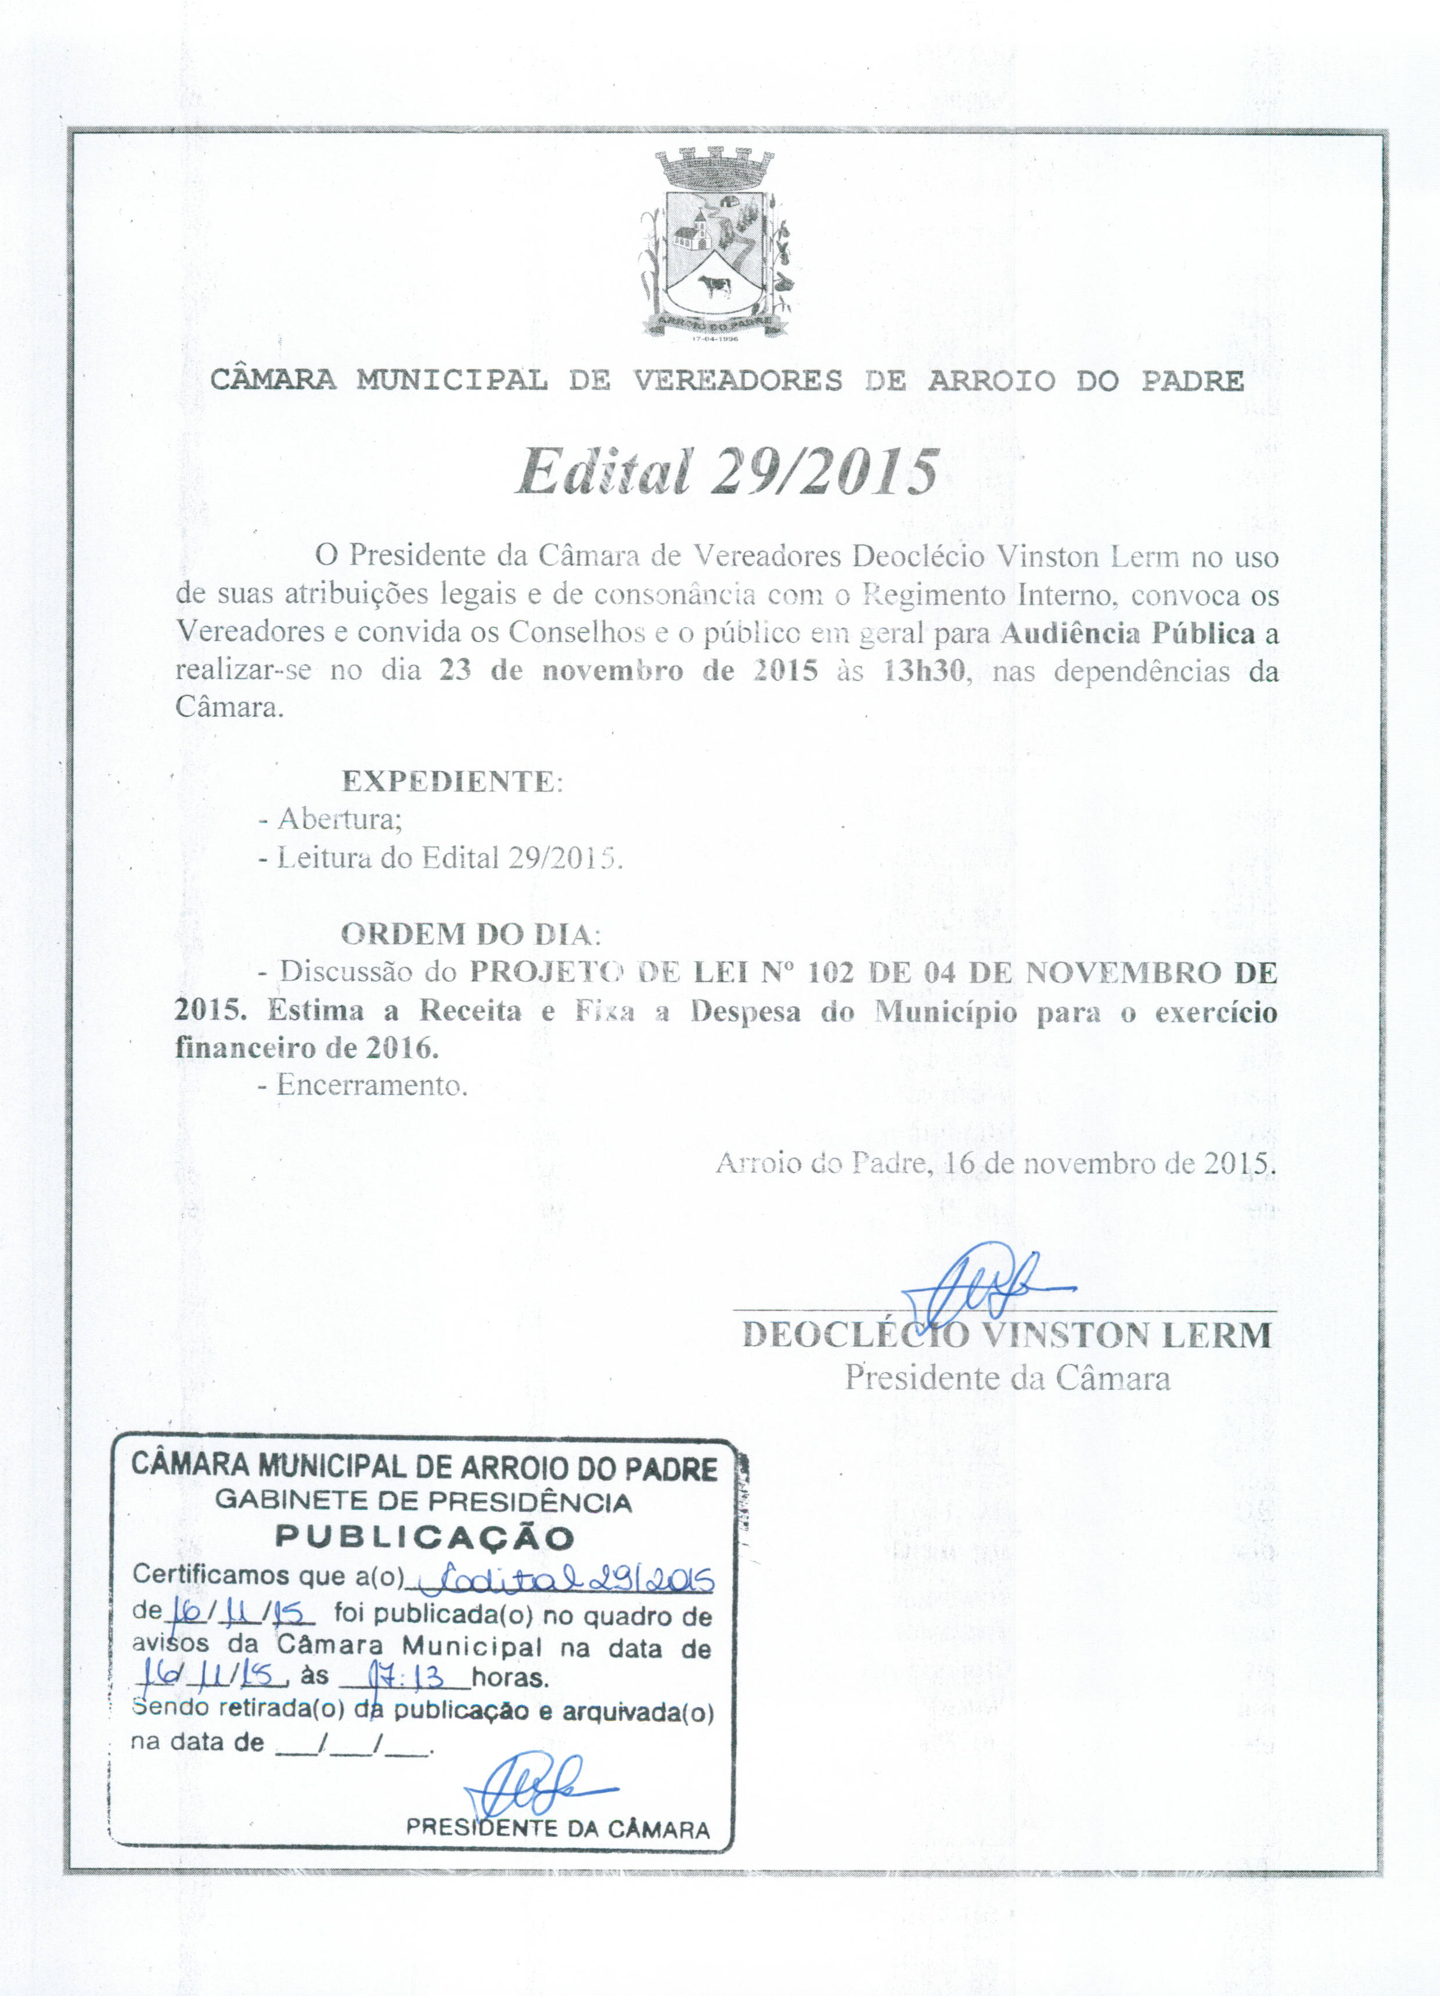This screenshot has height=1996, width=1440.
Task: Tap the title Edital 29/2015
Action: tap(726, 473)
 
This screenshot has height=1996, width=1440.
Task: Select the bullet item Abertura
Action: tap(339, 819)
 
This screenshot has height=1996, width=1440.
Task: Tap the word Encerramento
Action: tap(370, 1085)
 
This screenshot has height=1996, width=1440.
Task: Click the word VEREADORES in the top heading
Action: tap(737, 380)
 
